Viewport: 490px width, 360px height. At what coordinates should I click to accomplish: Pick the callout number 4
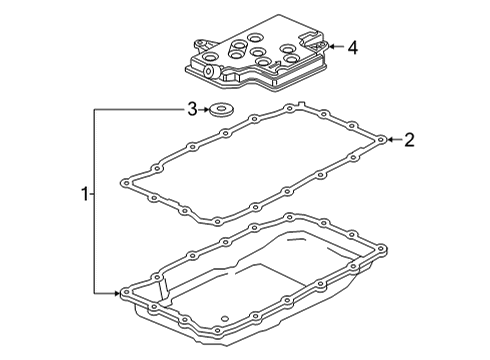tap(353, 46)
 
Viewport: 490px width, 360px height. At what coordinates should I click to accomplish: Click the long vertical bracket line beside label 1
tap(95, 200)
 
